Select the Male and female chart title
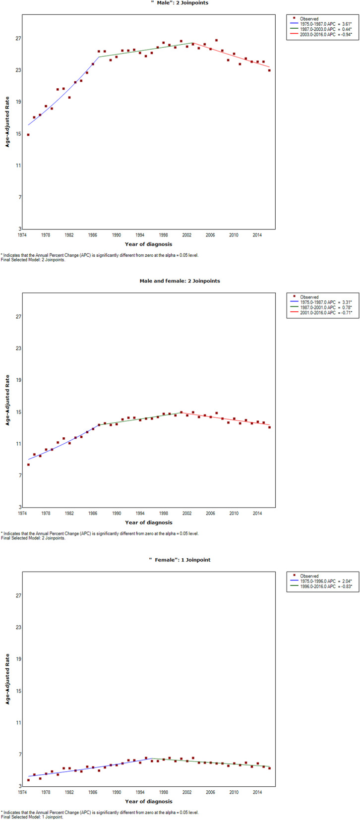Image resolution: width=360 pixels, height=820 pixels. click(180, 281)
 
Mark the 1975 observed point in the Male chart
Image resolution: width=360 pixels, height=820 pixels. click(28, 135)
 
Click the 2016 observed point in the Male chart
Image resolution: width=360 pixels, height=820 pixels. click(269, 70)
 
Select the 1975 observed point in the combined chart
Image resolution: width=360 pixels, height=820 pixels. click(28, 465)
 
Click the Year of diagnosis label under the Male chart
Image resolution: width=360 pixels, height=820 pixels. click(149, 244)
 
